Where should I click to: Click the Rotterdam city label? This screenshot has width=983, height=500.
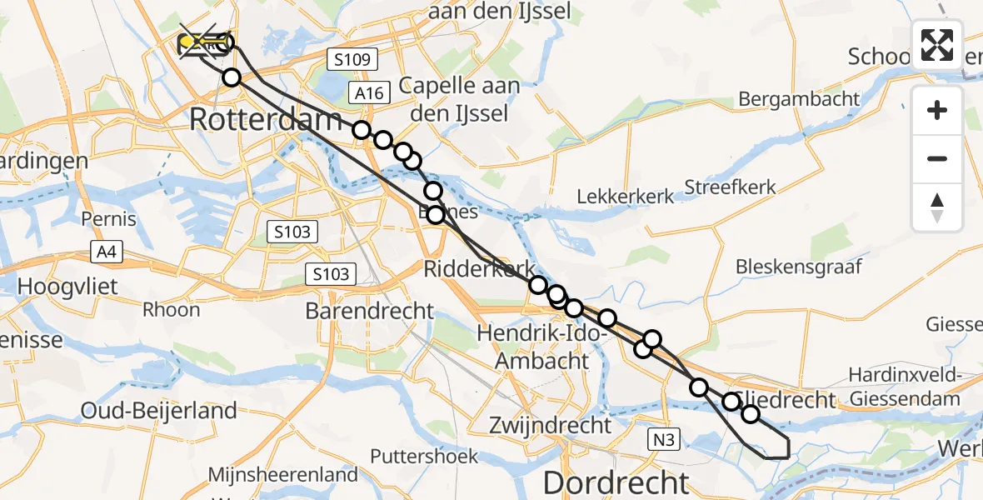pos(266,119)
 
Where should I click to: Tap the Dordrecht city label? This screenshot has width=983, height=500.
pos(616,482)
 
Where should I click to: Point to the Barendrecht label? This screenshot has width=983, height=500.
pos(370,312)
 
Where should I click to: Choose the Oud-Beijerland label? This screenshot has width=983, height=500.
pos(159,411)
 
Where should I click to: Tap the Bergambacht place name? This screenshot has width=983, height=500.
pos(799,99)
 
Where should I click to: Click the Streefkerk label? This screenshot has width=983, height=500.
pos(730,187)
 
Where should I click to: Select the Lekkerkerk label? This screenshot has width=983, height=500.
pos(626,197)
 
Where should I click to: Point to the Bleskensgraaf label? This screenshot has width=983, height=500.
pos(798,267)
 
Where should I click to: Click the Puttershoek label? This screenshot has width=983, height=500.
pos(425,457)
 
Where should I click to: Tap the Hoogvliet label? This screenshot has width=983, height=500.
pos(67,287)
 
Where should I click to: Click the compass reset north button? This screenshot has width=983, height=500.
pos(937,207)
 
